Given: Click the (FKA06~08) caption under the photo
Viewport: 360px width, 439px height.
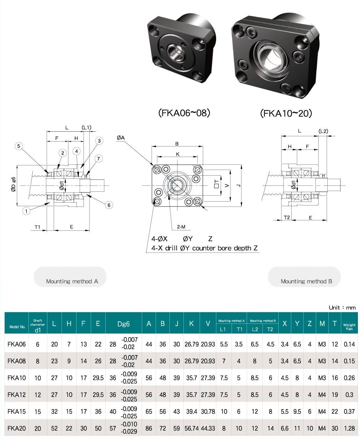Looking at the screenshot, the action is (184, 113).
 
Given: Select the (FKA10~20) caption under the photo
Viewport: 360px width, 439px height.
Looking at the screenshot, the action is (286, 113).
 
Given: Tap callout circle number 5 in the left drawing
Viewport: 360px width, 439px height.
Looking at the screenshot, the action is (19, 146).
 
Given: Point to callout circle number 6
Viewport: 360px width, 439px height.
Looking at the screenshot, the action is (109, 205).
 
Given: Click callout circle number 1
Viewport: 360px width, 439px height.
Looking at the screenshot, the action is (26, 211).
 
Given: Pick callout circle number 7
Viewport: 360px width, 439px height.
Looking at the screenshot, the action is (99, 159).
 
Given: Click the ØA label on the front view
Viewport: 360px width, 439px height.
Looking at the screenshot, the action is (121, 138).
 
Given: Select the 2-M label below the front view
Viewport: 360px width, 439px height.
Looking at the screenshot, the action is (181, 227).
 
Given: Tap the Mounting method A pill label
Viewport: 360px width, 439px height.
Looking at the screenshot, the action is (72, 281).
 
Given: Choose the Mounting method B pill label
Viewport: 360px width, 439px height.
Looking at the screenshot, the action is (306, 281).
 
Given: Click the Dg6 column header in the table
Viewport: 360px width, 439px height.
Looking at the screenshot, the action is (123, 324).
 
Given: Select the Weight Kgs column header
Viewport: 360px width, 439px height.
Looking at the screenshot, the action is (349, 327).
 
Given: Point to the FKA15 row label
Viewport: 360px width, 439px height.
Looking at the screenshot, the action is (16, 412).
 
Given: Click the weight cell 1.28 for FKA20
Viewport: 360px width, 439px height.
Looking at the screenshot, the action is (349, 428).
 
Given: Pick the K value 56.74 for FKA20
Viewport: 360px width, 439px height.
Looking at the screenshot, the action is (192, 428).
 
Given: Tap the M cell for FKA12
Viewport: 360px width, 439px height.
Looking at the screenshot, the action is (322, 395).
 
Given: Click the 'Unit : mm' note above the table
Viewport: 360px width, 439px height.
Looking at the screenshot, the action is (342, 308).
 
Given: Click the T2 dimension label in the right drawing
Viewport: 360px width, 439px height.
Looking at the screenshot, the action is (287, 217).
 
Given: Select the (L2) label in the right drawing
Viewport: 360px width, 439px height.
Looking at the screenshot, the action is (323, 131).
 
